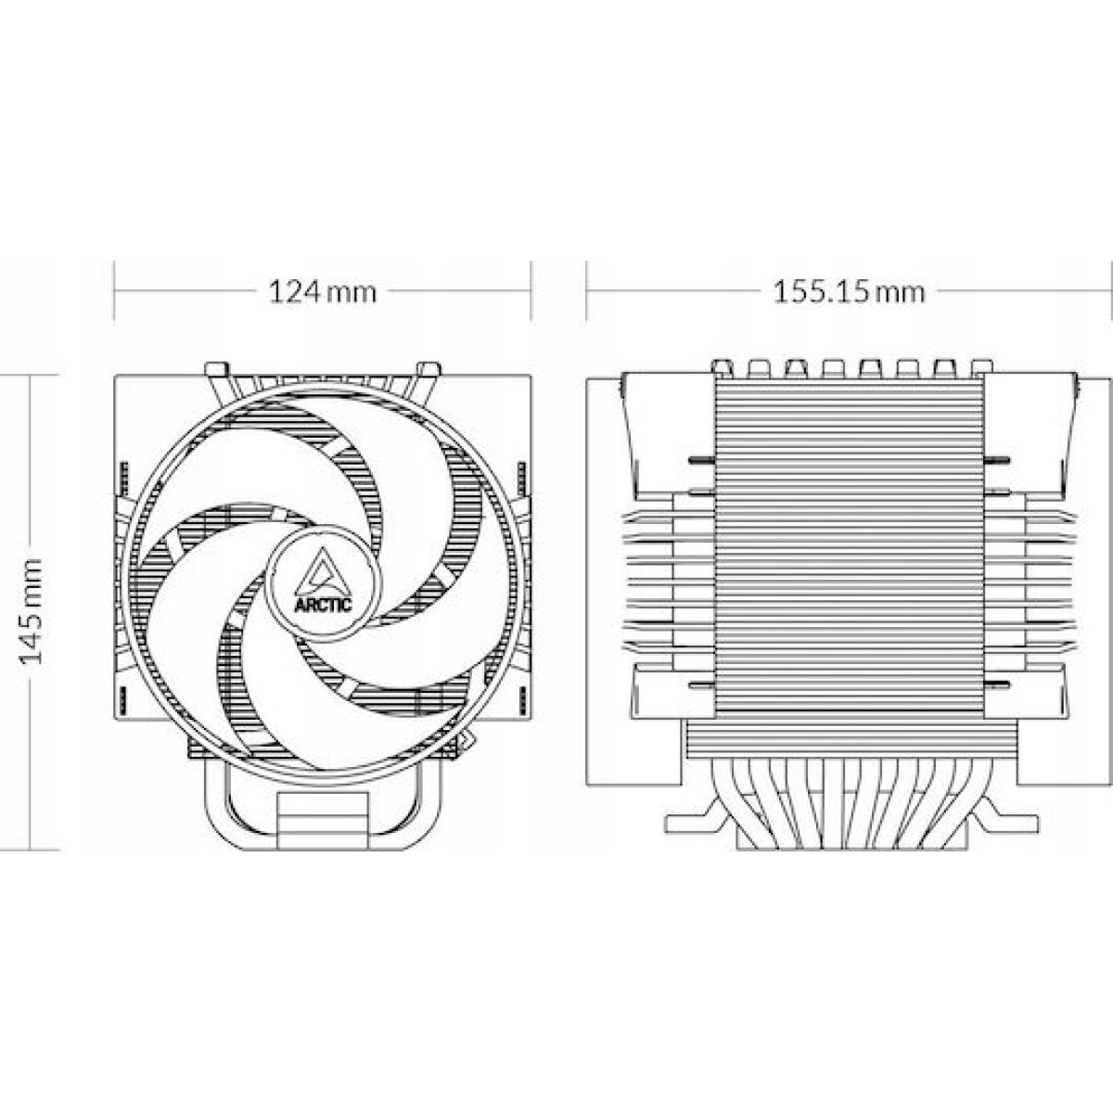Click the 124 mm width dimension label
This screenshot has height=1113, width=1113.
click(x=323, y=292)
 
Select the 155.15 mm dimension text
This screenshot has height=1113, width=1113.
click(x=849, y=292)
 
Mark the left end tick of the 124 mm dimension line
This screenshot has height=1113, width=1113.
click(x=114, y=290)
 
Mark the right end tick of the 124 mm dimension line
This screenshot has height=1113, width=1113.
click(x=531, y=290)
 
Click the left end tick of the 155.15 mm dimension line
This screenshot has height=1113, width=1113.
click(x=586, y=290)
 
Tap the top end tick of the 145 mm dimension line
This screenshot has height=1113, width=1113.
click(x=32, y=375)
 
